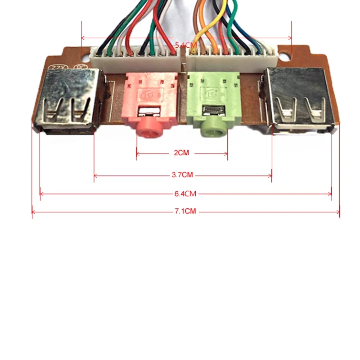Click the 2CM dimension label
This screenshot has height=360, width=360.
tap(181, 153)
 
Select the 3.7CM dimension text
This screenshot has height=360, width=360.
tap(183, 175)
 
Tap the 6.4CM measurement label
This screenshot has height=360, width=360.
tap(185, 194)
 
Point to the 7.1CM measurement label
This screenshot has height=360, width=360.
tap(185, 211)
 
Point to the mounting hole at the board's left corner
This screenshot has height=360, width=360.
tap(86, 57)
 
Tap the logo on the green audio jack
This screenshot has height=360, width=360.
tap(211, 95)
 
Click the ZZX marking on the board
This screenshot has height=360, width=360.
tap(56, 67)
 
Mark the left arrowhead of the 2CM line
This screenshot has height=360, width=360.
tap(137, 153)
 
